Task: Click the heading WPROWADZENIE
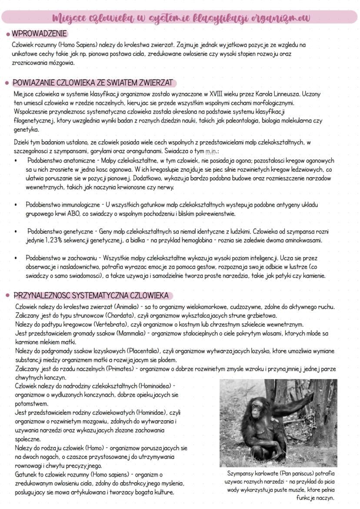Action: [x=40, y=34]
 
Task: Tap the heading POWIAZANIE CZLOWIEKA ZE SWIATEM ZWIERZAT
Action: [x=93, y=83]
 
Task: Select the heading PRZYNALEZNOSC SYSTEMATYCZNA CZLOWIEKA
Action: [x=91, y=296]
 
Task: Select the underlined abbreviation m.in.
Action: [x=211, y=151]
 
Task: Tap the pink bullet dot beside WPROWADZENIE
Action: [x=8, y=34]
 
